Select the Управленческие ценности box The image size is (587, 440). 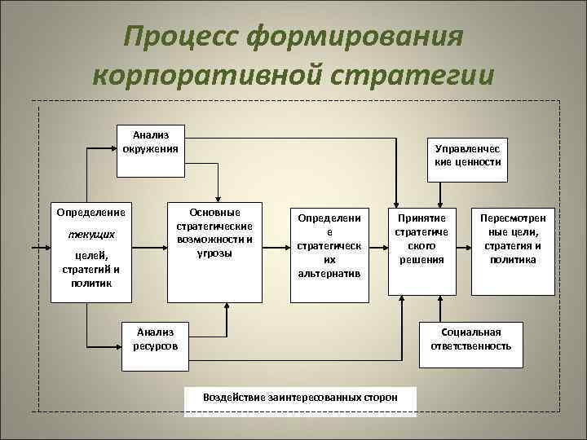click(468, 156)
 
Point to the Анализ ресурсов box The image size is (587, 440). click(155, 339)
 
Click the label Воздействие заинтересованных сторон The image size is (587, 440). click(301, 397)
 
